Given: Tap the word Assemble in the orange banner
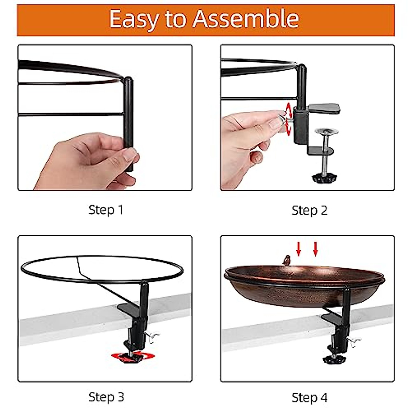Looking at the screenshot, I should [x=246, y=19].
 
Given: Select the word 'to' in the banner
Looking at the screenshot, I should [x=176, y=20].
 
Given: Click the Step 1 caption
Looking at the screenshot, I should [x=105, y=210].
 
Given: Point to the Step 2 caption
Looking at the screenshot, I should [x=309, y=210].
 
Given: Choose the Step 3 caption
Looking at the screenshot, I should [x=106, y=397].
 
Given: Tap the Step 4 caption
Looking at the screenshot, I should [x=309, y=398].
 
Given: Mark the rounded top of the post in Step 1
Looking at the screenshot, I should [x=128, y=80].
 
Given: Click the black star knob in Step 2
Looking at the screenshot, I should [x=324, y=178].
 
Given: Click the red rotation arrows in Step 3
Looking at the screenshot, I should [x=133, y=356].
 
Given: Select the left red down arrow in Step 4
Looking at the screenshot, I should [x=299, y=249].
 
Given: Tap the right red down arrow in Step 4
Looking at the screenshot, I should [x=315, y=249].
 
